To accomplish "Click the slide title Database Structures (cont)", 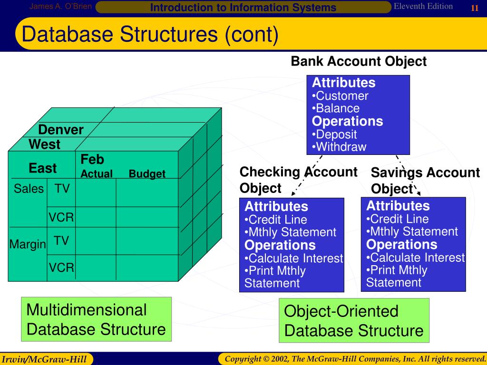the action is (150, 35).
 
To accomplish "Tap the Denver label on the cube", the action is (61, 130).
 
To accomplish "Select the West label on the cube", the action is (45, 144).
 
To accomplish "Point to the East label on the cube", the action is (42, 168).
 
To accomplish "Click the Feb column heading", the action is (92, 159).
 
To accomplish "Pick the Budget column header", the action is (147, 174).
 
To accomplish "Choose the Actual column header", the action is (97, 174).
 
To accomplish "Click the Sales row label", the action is (29, 189).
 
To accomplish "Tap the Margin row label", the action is (28, 244).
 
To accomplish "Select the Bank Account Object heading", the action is (359, 61).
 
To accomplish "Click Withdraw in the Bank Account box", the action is (341, 147).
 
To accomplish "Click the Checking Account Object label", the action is (298, 180).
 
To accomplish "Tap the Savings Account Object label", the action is (425, 181).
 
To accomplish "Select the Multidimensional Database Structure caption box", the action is (96, 319).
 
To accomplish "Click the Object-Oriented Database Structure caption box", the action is (354, 321).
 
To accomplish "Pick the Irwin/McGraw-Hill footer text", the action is (47, 358).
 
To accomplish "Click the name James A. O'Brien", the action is (60, 6).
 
